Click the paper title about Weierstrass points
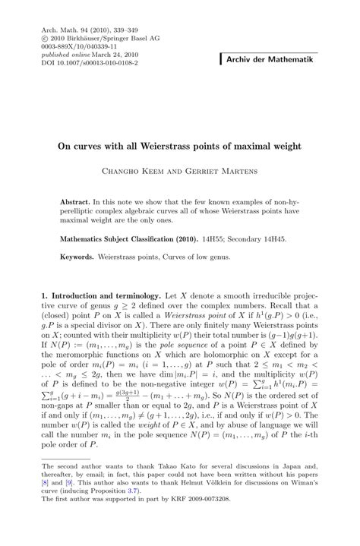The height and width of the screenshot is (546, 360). click(x=180, y=145)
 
